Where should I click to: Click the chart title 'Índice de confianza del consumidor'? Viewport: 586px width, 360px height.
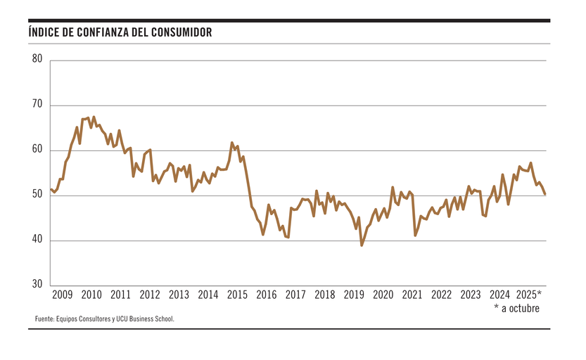pyautogui.click(x=120, y=33)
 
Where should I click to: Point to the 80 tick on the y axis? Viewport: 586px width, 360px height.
pyautogui.click(x=37, y=60)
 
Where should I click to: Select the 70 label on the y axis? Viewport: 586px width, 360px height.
pyautogui.click(x=37, y=105)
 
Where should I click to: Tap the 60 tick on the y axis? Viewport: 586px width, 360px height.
pyautogui.click(x=37, y=150)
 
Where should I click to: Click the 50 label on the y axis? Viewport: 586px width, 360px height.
pyautogui.click(x=37, y=195)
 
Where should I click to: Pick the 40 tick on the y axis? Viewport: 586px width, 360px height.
pyautogui.click(x=37, y=240)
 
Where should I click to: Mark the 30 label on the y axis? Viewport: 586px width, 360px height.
pyautogui.click(x=37, y=285)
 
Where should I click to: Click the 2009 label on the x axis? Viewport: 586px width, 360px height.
pyautogui.click(x=63, y=295)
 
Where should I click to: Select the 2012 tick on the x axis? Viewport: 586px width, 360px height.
pyautogui.click(x=150, y=295)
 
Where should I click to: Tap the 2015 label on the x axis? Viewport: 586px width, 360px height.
pyautogui.click(x=237, y=295)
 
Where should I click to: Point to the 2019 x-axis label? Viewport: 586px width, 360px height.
pyautogui.click(x=354, y=295)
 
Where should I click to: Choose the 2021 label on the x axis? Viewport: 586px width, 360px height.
pyautogui.click(x=412, y=295)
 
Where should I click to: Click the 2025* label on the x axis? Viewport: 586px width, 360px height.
pyautogui.click(x=529, y=295)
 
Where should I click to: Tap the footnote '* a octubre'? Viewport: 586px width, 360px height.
pyautogui.click(x=517, y=307)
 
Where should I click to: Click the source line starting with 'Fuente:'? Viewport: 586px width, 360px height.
pyautogui.click(x=104, y=319)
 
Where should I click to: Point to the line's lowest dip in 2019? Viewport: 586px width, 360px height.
pyautogui.click(x=362, y=245)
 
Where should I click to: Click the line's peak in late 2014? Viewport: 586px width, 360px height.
pyautogui.click(x=232, y=143)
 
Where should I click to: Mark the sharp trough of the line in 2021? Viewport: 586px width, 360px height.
pyautogui.click(x=415, y=235)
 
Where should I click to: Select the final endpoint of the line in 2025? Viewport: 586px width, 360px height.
pyautogui.click(x=545, y=194)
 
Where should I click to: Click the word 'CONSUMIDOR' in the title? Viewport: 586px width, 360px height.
pyautogui.click(x=181, y=33)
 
